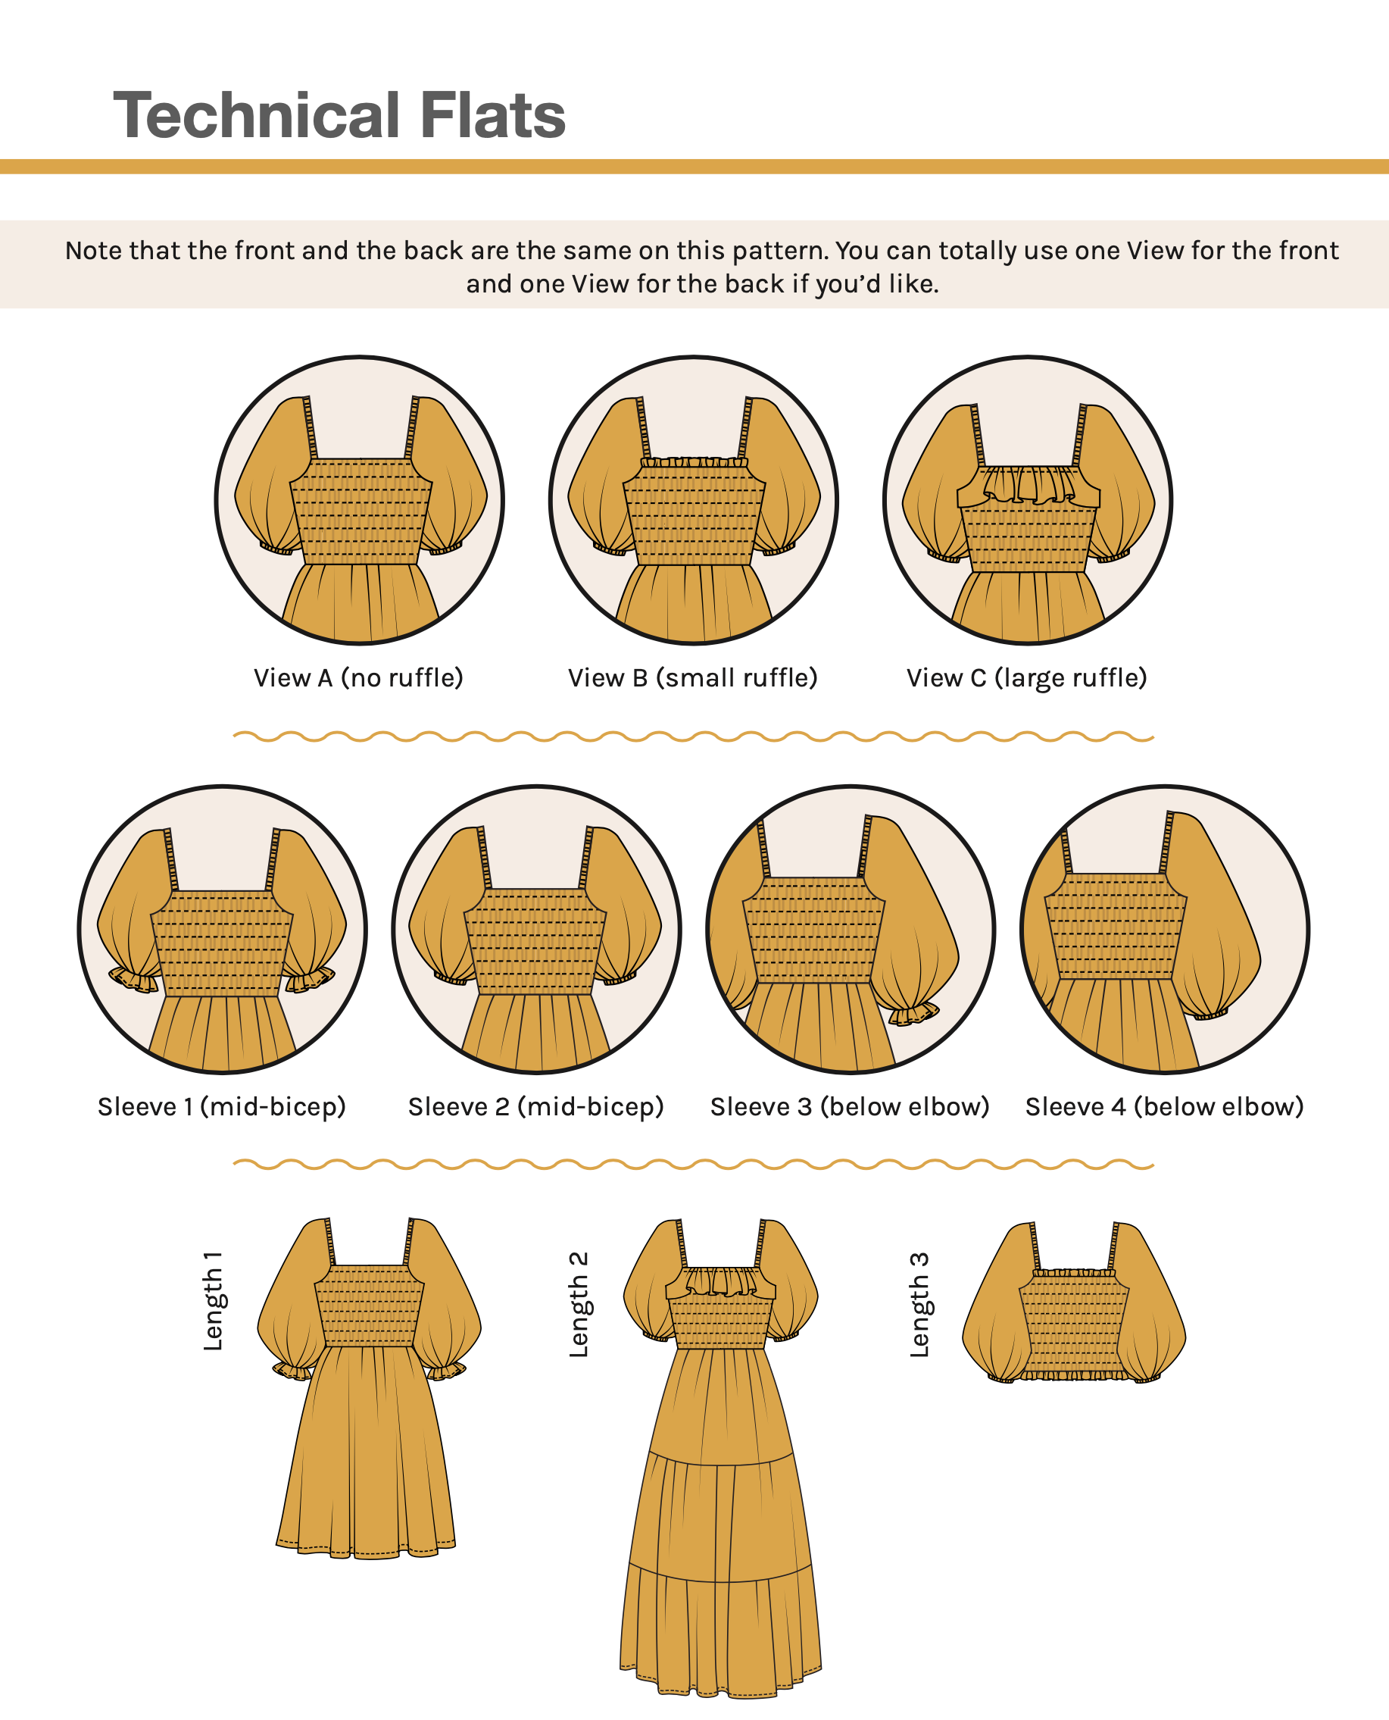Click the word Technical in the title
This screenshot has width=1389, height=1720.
[256, 114]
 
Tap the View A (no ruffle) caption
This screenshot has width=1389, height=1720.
[358, 679]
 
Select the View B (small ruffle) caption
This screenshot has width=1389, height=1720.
[693, 679]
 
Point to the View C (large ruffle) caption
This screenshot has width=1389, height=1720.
[1027, 679]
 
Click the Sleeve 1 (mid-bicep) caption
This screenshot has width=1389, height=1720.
[222, 1107]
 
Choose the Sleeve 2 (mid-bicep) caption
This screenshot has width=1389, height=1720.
[536, 1107]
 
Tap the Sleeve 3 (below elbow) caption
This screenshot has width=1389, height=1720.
[850, 1107]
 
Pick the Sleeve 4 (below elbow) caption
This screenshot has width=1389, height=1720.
[1165, 1107]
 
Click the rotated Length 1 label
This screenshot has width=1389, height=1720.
[213, 1302]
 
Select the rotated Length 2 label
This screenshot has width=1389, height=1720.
[579, 1305]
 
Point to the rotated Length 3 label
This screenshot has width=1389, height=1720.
[919, 1305]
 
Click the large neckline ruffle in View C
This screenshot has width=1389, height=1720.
[1029, 485]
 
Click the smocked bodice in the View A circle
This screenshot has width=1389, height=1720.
[360, 511]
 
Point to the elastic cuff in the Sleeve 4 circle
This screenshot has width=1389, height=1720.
[1211, 1014]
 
